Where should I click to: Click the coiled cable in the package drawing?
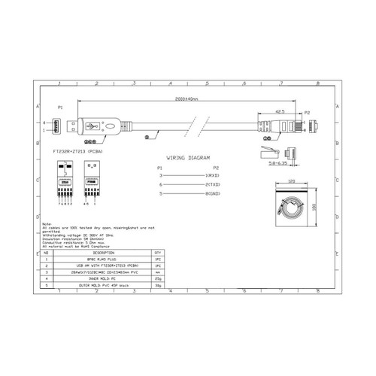coord(290,205)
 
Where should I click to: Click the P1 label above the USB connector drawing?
coord(61,108)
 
